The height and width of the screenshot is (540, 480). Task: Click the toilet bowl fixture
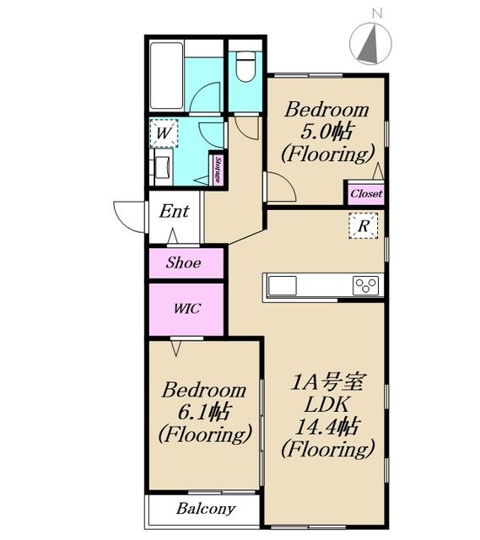click(245, 67)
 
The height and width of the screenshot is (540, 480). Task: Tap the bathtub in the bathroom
click(167, 76)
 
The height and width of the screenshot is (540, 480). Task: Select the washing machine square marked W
click(164, 133)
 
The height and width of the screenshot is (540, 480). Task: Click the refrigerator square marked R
click(364, 226)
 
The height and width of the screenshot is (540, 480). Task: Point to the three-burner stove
click(365, 285)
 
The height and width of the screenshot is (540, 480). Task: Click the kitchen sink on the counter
click(283, 285)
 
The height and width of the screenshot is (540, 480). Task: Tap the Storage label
click(218, 170)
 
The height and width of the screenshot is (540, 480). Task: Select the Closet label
click(366, 193)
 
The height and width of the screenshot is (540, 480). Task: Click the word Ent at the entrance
click(175, 211)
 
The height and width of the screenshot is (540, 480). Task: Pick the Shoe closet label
click(184, 262)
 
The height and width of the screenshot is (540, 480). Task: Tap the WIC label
click(187, 308)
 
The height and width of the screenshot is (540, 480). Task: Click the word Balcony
click(206, 509)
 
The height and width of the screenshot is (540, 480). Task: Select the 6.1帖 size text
click(203, 413)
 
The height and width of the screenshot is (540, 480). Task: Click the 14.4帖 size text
click(327, 427)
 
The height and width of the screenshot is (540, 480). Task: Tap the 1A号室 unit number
click(327, 381)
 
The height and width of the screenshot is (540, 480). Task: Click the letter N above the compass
click(377, 13)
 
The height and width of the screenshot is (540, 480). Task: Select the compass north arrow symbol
click(371, 43)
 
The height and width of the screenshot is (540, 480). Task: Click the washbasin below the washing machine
click(163, 167)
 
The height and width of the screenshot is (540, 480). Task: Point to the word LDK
click(326, 404)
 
